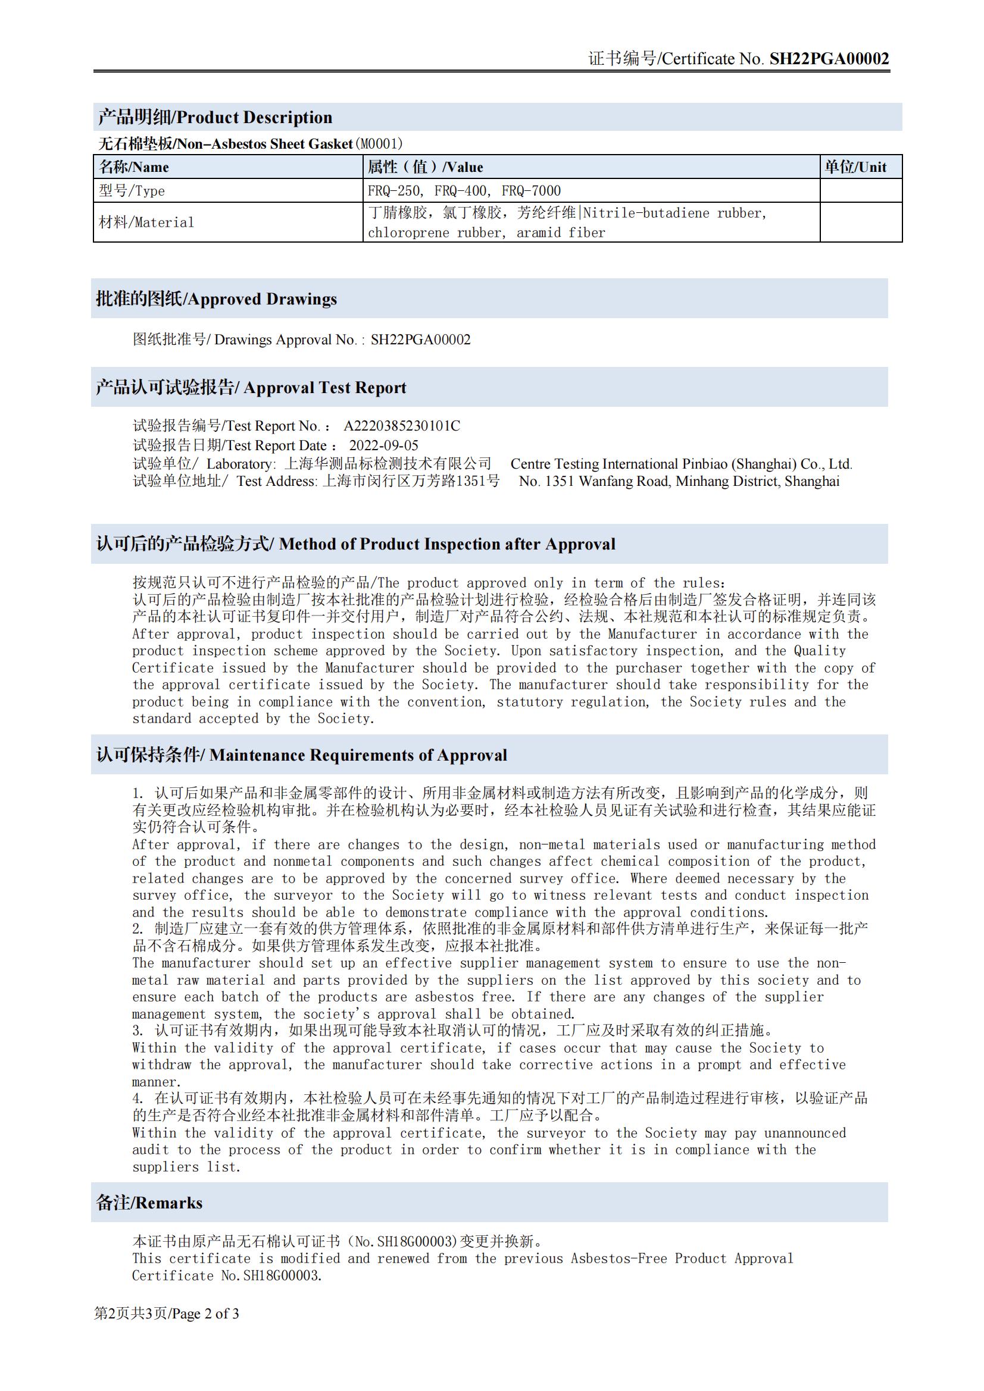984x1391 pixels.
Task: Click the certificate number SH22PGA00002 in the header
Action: coord(829,59)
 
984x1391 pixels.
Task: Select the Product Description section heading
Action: coord(215,118)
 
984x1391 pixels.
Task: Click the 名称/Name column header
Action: coord(134,167)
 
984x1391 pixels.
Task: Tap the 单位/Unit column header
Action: coord(855,167)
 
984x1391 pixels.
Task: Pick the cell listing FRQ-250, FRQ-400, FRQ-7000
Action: coord(464,191)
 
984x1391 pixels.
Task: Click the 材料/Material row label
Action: coord(146,222)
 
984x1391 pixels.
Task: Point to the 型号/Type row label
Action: coord(132,191)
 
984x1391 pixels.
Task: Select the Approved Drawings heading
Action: coord(217,299)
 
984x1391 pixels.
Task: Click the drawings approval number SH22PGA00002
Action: coord(420,340)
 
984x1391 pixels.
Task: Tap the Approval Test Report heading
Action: coord(251,388)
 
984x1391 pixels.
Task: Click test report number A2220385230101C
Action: coord(401,426)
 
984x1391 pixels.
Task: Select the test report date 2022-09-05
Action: coord(383,445)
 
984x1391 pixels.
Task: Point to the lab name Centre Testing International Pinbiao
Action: coord(681,464)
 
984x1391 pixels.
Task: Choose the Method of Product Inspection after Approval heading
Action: coord(355,544)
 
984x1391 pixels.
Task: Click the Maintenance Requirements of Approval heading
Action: coord(301,755)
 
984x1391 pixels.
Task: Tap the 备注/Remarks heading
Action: coord(149,1203)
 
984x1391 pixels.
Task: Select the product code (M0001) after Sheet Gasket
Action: coord(379,144)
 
